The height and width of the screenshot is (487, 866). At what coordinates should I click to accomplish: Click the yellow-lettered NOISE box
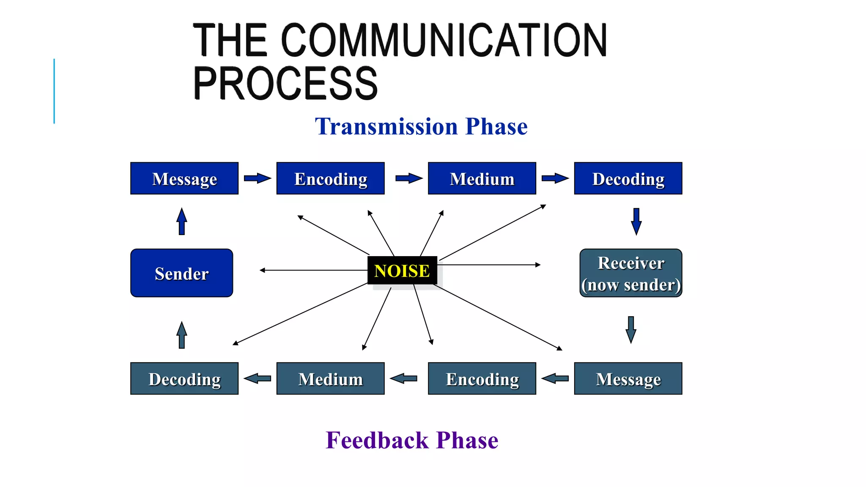coord(402,271)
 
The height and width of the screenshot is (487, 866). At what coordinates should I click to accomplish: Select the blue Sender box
coord(181,273)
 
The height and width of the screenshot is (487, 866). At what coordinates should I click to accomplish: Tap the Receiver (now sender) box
coord(630,273)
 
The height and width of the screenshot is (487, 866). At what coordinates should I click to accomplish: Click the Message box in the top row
coord(184,178)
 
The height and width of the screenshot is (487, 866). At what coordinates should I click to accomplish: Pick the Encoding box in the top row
coord(330,178)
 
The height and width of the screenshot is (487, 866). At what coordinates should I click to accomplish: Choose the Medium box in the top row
coord(482,178)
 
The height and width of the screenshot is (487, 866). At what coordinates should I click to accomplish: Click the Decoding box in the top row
coord(628,178)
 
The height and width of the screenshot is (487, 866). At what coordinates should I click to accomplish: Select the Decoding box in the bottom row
coord(184,378)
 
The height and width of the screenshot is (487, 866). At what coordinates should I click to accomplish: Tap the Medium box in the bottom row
coord(330,378)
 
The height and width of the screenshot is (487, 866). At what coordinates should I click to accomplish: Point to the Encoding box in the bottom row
coord(482,378)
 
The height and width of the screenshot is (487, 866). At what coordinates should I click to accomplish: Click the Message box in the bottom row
coord(628,378)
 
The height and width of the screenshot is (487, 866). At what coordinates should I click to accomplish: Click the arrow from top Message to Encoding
coord(257,178)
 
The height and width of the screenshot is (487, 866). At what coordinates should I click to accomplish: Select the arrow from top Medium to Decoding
coord(555,178)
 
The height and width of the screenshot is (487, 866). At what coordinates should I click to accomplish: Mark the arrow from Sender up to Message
coord(182,222)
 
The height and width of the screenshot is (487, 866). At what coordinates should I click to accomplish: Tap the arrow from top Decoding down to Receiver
coord(636,221)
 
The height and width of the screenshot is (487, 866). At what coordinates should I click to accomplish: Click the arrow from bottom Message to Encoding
coord(555,378)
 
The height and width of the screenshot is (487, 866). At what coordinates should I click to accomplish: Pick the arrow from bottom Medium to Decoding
coord(257,378)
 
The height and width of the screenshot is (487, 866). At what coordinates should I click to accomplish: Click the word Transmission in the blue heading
coord(386,126)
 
